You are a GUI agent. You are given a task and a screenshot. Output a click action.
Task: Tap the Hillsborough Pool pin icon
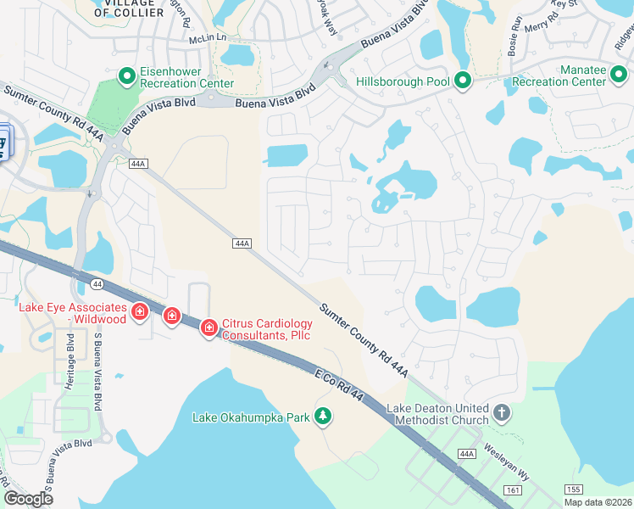(463, 81)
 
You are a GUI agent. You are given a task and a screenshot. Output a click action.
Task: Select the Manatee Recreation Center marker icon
(620, 81)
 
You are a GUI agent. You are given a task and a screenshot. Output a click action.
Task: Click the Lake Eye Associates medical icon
(140, 315)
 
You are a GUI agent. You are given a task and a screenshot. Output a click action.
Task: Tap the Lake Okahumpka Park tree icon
(322, 416)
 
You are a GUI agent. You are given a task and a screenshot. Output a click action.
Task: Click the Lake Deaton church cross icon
(502, 413)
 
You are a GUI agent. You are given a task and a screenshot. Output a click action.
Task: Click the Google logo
(29, 499)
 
